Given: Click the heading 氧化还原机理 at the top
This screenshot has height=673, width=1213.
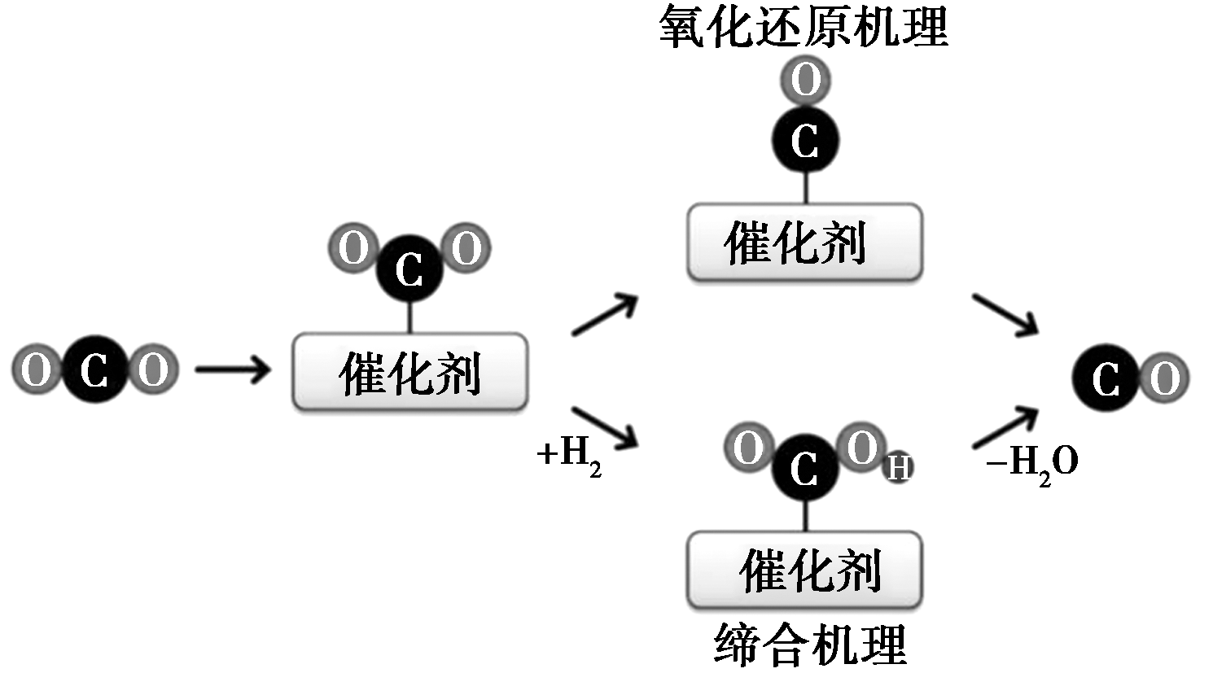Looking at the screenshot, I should point(804,26).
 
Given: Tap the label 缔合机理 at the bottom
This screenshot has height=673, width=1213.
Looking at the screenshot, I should point(811,645).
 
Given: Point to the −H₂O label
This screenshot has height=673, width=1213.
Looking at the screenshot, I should point(1031,464).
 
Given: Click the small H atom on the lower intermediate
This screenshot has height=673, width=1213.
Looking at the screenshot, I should point(898,468).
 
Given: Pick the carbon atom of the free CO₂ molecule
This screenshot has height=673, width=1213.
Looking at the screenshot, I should point(95,371).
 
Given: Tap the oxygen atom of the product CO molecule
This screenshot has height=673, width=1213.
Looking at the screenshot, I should point(1164,378).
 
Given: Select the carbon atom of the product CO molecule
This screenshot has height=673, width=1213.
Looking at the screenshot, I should point(1106,378).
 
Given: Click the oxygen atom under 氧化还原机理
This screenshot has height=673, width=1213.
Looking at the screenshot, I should point(806,81).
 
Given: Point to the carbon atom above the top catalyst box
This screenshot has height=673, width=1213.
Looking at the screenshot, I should point(805,141).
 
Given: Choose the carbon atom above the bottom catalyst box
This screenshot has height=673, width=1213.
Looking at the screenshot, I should point(804,468).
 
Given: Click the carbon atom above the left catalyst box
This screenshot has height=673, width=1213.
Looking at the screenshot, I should point(409,269).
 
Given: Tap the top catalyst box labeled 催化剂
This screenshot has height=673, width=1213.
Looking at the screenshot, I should point(804,243).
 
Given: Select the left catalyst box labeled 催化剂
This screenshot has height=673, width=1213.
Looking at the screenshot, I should point(409,372).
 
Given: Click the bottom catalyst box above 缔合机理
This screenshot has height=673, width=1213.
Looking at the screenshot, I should point(804,570).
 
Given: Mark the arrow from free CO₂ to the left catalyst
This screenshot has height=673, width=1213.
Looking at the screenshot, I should point(233,371).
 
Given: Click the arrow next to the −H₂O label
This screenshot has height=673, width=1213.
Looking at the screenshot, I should point(1006,426).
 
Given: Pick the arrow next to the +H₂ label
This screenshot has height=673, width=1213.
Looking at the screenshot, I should point(604,428).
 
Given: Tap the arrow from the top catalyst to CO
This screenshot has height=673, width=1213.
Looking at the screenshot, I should point(1005,314).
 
